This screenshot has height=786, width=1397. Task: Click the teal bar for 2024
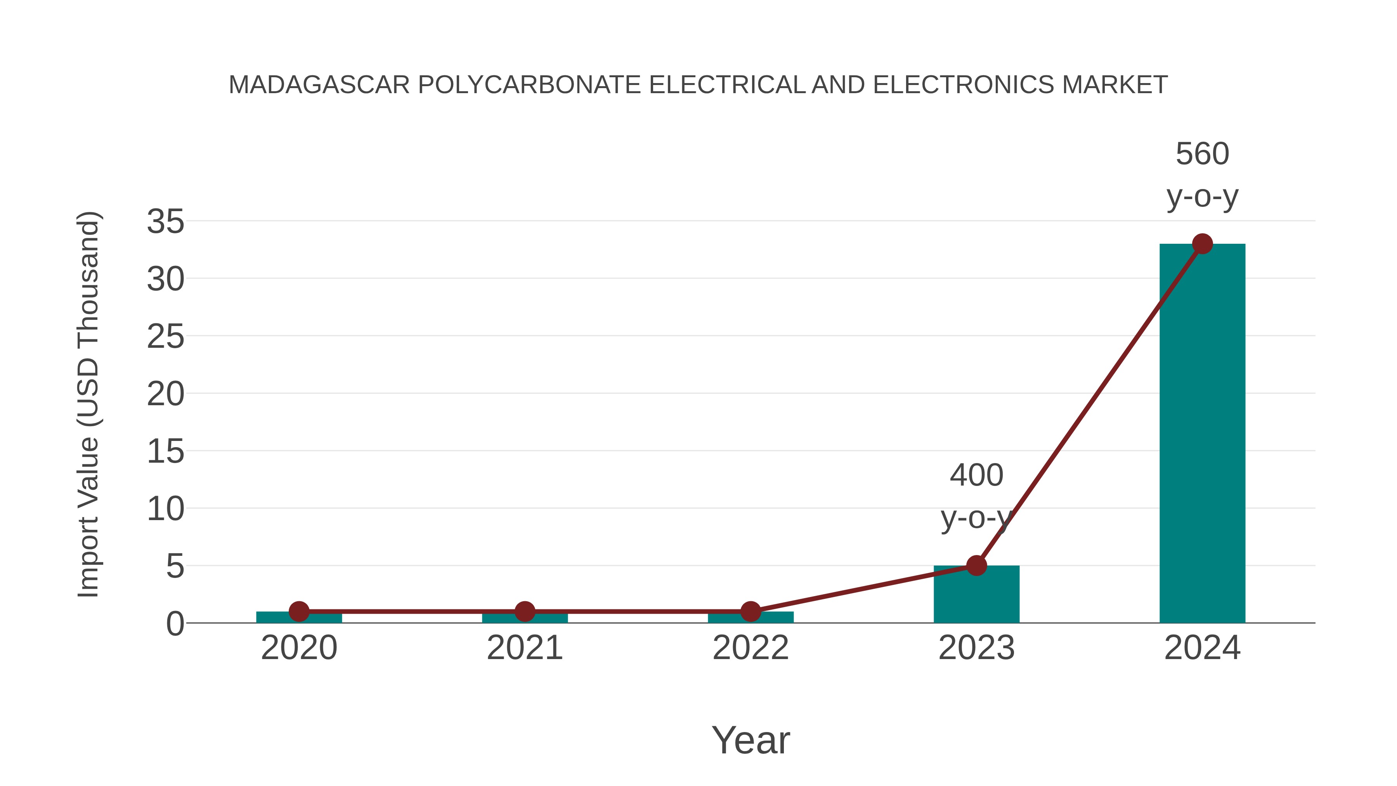1202,434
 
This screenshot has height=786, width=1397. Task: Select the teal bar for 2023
976,595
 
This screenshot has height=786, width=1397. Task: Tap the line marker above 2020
299,611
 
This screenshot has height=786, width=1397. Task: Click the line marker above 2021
524,611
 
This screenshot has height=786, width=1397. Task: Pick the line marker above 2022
750,611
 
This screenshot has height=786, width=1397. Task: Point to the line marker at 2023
976,566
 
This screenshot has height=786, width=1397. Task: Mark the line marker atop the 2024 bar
1202,244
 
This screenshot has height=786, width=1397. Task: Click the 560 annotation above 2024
1202,154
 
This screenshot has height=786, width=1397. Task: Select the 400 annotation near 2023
976,476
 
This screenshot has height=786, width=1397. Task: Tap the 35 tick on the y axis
165,222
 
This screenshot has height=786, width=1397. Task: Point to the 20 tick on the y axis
165,394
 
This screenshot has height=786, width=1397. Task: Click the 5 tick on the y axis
175,567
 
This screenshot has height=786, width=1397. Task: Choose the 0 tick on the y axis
175,624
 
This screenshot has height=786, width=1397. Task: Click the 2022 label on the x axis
750,648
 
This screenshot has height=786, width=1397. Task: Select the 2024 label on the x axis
1202,648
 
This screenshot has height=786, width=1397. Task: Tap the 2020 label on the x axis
299,648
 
